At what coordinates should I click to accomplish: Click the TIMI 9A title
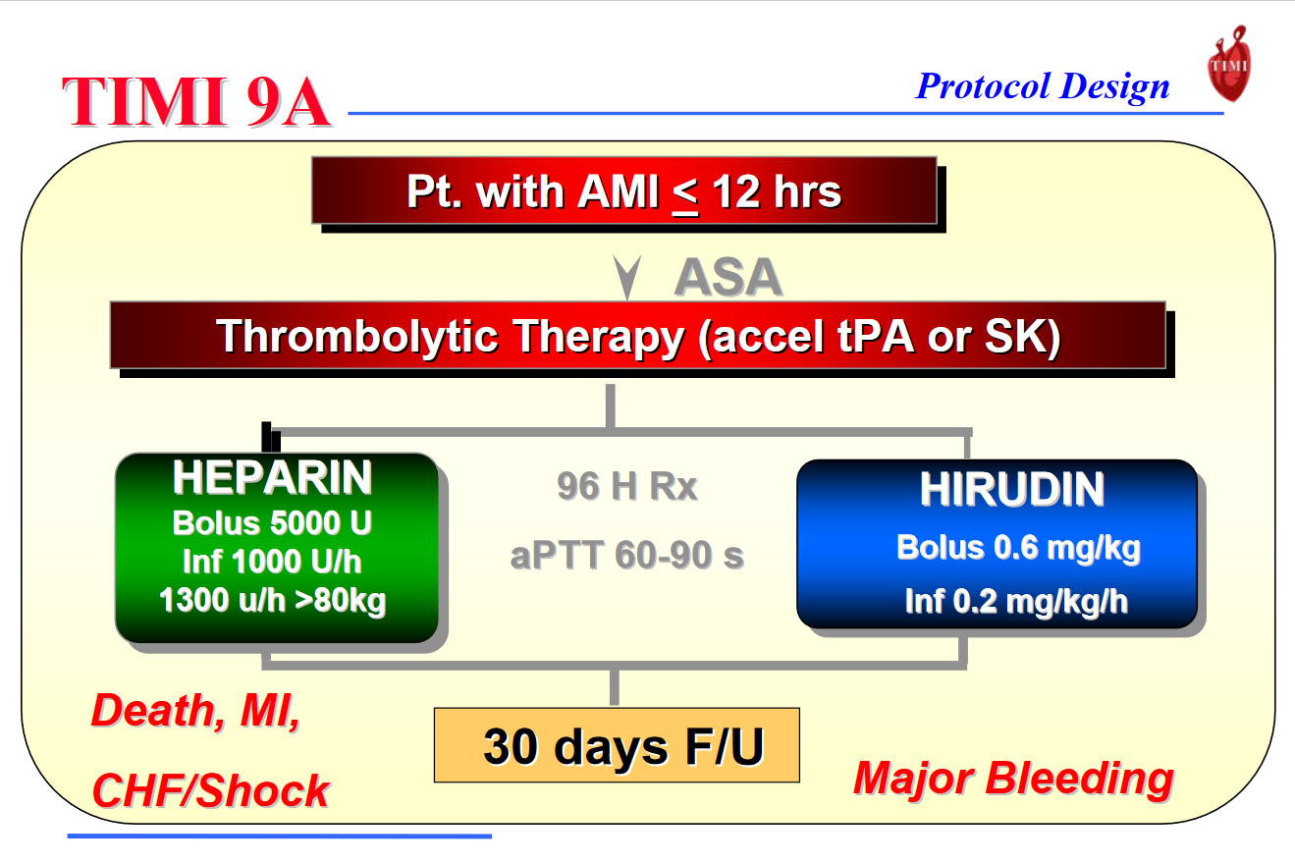pos(196,102)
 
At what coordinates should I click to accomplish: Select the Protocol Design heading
pos(1043,86)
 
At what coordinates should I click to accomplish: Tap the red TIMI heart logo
pos(1229,64)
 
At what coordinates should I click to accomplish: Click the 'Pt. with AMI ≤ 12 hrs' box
pos(624,190)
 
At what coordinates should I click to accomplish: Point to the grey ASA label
pos(728,277)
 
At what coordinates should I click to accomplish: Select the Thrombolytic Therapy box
pos(637,335)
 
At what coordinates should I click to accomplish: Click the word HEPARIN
pos(272,477)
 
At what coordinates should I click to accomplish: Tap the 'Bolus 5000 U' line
pos(272,523)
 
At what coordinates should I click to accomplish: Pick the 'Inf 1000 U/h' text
pos(272,562)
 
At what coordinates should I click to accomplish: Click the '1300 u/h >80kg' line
pos(272,600)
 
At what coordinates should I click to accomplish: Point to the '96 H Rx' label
pos(627,486)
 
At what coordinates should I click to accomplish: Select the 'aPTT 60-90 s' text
pos(627,555)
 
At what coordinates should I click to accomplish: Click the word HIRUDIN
pos(1012,490)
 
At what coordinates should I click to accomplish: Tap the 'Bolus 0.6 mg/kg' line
pos(1019,548)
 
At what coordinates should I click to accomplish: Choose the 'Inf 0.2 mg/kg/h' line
pos(1016,601)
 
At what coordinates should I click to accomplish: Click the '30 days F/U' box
pos(617,745)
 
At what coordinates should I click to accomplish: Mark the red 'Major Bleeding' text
pos(1014,780)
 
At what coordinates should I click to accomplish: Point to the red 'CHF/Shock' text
pos(211,790)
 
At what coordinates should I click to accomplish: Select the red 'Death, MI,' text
pos(196,711)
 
